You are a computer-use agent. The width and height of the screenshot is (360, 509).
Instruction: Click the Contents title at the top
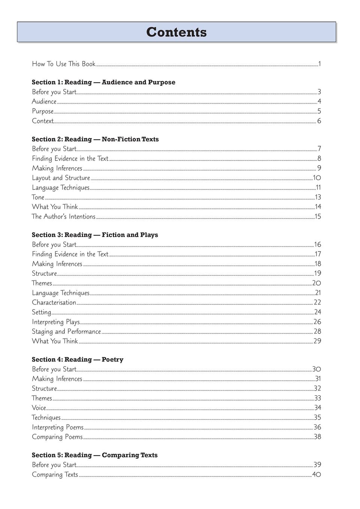tap(176, 32)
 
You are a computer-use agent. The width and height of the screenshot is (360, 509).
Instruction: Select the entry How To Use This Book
tap(64, 64)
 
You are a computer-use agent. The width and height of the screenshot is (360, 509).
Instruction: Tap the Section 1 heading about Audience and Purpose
tap(103, 82)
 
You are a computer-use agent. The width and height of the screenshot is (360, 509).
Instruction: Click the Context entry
tap(43, 121)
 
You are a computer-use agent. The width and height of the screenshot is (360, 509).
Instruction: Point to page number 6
tap(319, 121)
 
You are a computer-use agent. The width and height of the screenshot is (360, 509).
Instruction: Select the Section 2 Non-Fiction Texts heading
tap(95, 139)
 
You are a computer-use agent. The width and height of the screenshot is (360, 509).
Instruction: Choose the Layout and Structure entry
tap(61, 178)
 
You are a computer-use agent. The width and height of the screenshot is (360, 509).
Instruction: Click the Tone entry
tap(38, 197)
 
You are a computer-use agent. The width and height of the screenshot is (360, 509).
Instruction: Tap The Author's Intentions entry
tap(64, 217)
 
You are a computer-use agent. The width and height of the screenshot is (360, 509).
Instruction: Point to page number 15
tap(318, 217)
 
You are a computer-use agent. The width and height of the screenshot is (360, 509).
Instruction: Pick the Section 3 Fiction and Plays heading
tap(95, 235)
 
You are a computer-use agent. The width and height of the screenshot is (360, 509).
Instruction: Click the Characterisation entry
tap(54, 302)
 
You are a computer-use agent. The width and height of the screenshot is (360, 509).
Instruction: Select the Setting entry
tap(42, 312)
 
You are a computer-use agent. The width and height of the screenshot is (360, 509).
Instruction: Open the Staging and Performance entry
tap(66, 332)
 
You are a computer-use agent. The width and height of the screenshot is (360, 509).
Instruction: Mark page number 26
tap(317, 322)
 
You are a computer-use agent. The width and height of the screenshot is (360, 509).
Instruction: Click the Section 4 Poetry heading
tap(78, 360)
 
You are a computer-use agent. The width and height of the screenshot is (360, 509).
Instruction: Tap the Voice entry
tap(39, 408)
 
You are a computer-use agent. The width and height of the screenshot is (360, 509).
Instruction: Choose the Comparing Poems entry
tap(57, 437)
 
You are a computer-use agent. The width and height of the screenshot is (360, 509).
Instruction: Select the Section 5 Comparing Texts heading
tap(94, 455)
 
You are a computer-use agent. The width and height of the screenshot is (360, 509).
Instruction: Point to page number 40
tap(317, 475)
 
